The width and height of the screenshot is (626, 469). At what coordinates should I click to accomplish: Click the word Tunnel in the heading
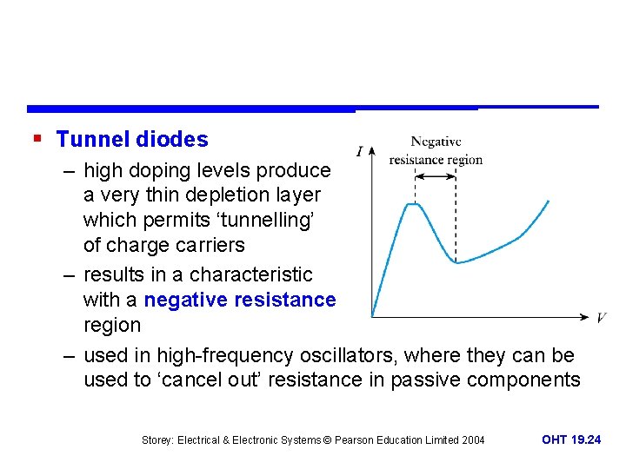click(90, 139)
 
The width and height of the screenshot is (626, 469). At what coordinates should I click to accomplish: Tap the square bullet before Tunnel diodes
click(36, 137)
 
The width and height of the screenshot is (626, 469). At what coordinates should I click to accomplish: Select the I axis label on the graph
click(359, 152)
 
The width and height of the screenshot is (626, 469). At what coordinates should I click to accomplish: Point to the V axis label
click(602, 318)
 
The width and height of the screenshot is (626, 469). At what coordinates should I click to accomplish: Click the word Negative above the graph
click(436, 142)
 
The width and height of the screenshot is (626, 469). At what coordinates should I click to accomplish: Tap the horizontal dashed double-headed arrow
click(436, 176)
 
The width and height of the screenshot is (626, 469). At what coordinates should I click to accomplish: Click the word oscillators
click(346, 356)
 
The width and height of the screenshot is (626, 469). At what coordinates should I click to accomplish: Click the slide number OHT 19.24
click(570, 440)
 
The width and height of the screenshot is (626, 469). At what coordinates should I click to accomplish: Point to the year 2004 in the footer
click(471, 440)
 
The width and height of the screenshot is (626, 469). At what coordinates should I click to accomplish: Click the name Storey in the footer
click(157, 440)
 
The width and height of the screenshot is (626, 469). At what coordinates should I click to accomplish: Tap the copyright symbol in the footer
click(328, 440)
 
